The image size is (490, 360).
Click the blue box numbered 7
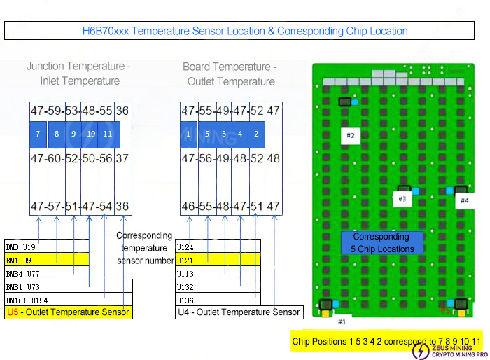point(39,134)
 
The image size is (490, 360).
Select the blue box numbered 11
point(107,134)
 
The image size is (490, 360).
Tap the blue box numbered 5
point(206,134)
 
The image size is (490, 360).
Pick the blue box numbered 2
point(256,134)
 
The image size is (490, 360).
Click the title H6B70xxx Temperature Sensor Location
point(245,31)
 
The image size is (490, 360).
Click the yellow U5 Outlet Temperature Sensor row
point(68,312)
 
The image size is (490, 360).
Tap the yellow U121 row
point(218,260)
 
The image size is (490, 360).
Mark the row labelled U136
point(218,300)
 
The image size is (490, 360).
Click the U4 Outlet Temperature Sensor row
point(239,312)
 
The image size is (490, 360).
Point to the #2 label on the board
point(351,135)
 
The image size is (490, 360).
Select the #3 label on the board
point(402,199)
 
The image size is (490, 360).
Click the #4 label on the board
point(464,200)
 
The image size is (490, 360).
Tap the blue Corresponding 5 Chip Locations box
point(381,243)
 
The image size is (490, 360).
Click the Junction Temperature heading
point(78,74)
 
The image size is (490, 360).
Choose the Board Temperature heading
point(230,74)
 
